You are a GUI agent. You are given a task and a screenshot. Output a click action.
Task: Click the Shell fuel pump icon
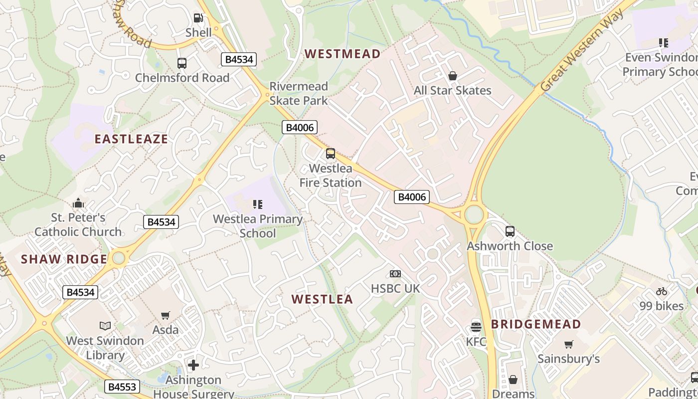pyautogui.click(x=198, y=18)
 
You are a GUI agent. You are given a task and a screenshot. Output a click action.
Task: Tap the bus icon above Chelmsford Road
pyautogui.click(x=182, y=63)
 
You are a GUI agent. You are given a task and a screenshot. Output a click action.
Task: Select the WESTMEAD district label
pyautogui.click(x=343, y=54)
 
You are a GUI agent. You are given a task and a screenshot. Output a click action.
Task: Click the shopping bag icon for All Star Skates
pyautogui.click(x=453, y=76)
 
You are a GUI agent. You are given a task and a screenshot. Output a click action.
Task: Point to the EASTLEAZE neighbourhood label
pyautogui.click(x=131, y=139)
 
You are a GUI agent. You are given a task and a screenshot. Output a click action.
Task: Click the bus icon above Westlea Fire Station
pyautogui.click(x=330, y=154)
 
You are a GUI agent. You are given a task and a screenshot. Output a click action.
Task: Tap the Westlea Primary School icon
pyautogui.click(x=257, y=204)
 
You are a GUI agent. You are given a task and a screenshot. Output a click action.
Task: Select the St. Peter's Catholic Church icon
pyautogui.click(x=78, y=203)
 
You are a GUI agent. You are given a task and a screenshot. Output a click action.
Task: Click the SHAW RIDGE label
pyautogui.click(x=64, y=259)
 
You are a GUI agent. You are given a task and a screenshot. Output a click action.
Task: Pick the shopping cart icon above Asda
pyautogui.click(x=166, y=315)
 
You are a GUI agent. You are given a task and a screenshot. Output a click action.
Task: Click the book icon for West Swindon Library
pyautogui.click(x=105, y=326)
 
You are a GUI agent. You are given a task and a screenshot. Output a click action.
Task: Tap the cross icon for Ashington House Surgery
pyautogui.click(x=193, y=365)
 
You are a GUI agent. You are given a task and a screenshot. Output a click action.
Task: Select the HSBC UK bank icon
pyautogui.click(x=395, y=274)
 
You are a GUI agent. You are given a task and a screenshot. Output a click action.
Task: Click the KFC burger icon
pyautogui.click(x=476, y=327)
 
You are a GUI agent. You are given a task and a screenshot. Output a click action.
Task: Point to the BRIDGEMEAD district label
pyautogui.click(x=536, y=325)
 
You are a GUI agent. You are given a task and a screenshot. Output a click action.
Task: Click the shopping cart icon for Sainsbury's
pyautogui.click(x=569, y=344)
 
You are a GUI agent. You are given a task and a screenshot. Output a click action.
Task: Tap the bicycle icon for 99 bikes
pyautogui.click(x=662, y=291)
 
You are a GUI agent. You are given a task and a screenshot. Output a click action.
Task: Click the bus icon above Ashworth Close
pyautogui.click(x=510, y=231)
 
